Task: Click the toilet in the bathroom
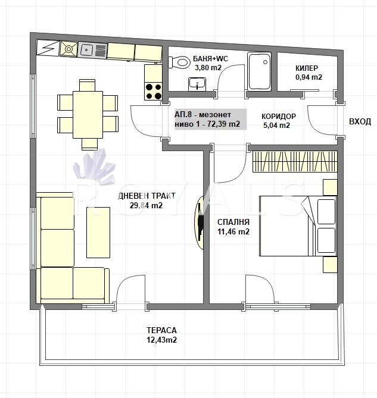pyautogui.click(x=179, y=62)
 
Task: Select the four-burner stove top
pyautogui.click(x=154, y=92)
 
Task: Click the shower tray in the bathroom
pyautogui.click(x=259, y=71)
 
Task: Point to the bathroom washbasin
pyautogui.click(x=197, y=84)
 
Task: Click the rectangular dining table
pyautogui.click(x=88, y=115)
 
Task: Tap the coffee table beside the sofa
pyautogui.click(x=98, y=232)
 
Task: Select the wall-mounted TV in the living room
pyautogui.click(x=200, y=223)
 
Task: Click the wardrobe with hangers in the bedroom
pyautogui.click(x=295, y=162)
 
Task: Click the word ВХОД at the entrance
pyautogui.click(x=360, y=121)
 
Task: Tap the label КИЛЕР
pyautogui.click(x=307, y=68)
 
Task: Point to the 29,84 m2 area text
pyautogui.click(x=146, y=205)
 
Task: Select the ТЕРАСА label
pyautogui.click(x=161, y=330)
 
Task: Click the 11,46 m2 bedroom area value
pyautogui.click(x=233, y=231)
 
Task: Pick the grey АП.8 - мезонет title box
pyautogui.click(x=211, y=120)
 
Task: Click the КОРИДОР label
pyautogui.click(x=279, y=116)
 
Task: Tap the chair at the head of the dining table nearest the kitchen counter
pyautogui.click(x=87, y=85)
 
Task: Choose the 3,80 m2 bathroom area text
pyautogui.click(x=208, y=68)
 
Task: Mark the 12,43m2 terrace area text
pyautogui.click(x=161, y=340)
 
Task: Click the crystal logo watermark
pyautogui.click(x=95, y=167)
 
